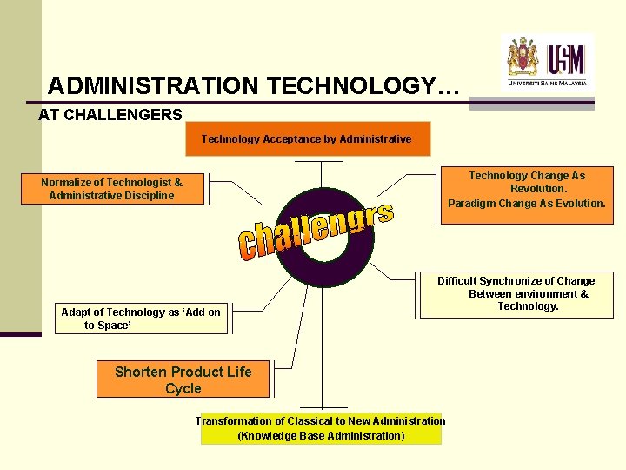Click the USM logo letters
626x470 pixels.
(567, 59)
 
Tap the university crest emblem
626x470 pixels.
(523, 57)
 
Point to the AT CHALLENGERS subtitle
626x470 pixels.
(110, 114)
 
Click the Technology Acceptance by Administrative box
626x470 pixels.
(307, 138)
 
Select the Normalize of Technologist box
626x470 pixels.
(111, 189)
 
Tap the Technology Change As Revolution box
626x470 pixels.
(527, 190)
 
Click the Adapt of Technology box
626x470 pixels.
(141, 319)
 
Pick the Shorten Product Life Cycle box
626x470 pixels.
(183, 379)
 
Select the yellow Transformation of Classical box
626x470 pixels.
(321, 428)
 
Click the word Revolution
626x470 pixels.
(536, 189)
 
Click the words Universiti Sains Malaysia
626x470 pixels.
(548, 83)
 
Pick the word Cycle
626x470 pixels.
(183, 388)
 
